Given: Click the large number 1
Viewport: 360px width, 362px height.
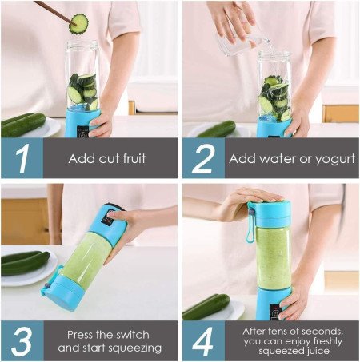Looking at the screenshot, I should (x=22, y=158).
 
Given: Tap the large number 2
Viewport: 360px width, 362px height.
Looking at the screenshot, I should (x=202, y=158).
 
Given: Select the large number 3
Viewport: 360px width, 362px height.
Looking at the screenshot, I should (x=22, y=341).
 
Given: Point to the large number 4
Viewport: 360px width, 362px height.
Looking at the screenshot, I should (x=203, y=341).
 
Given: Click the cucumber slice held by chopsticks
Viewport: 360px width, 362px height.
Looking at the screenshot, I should (x=78, y=23).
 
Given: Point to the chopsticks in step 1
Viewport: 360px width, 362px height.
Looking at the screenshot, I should (x=50, y=10).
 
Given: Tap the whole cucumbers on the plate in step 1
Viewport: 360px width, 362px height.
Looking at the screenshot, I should (x=22, y=124).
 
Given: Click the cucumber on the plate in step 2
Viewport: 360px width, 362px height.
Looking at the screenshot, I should (x=217, y=129).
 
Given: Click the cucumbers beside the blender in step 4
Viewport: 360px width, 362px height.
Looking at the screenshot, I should (x=206, y=307).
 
